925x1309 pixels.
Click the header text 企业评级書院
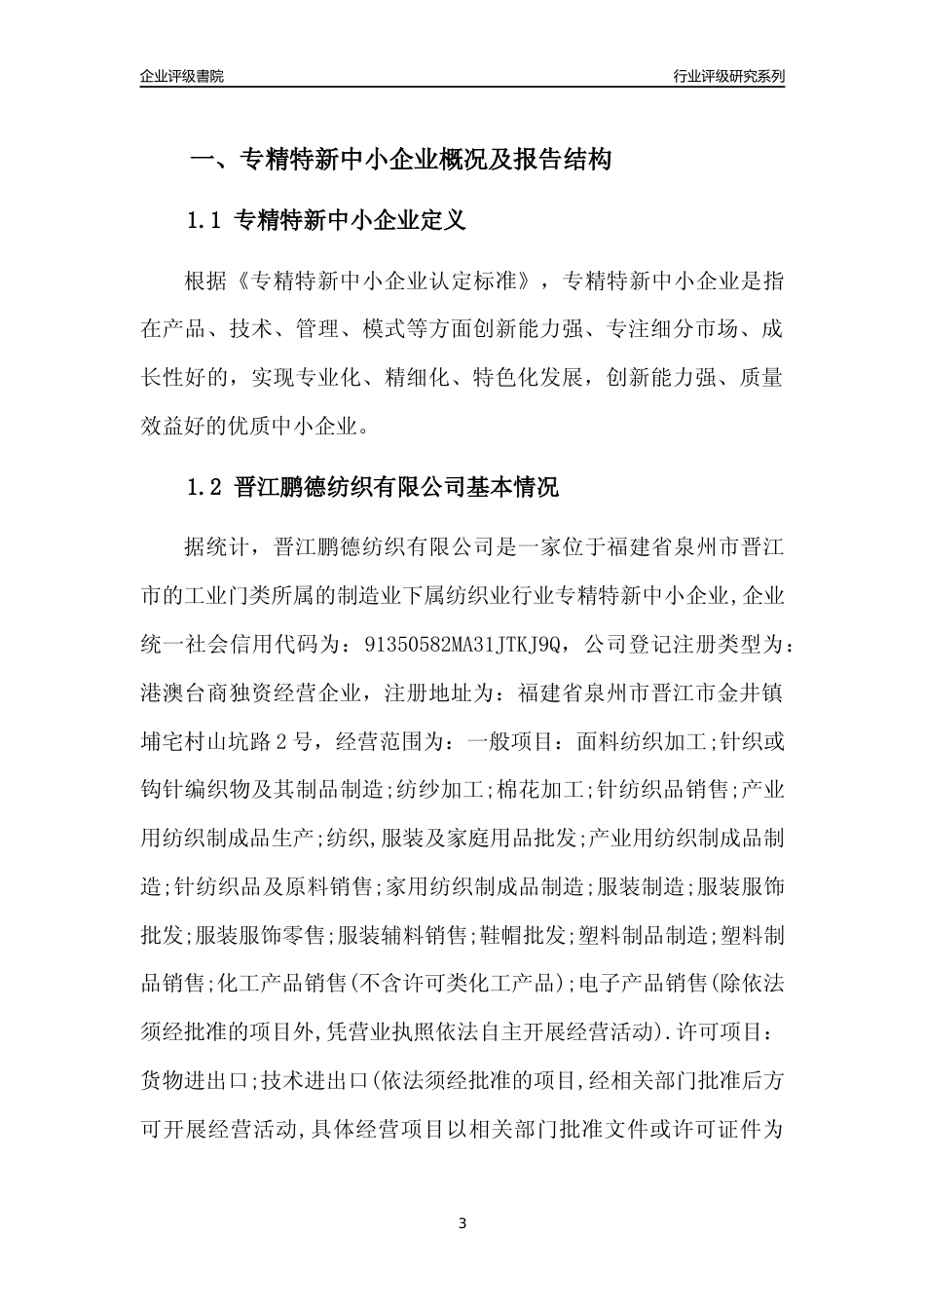pos(182,76)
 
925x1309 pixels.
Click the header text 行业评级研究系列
pos(728,76)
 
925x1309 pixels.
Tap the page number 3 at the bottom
pos(462,1223)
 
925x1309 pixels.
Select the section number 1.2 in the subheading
pos(204,487)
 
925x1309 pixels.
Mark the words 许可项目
pos(730,1031)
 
